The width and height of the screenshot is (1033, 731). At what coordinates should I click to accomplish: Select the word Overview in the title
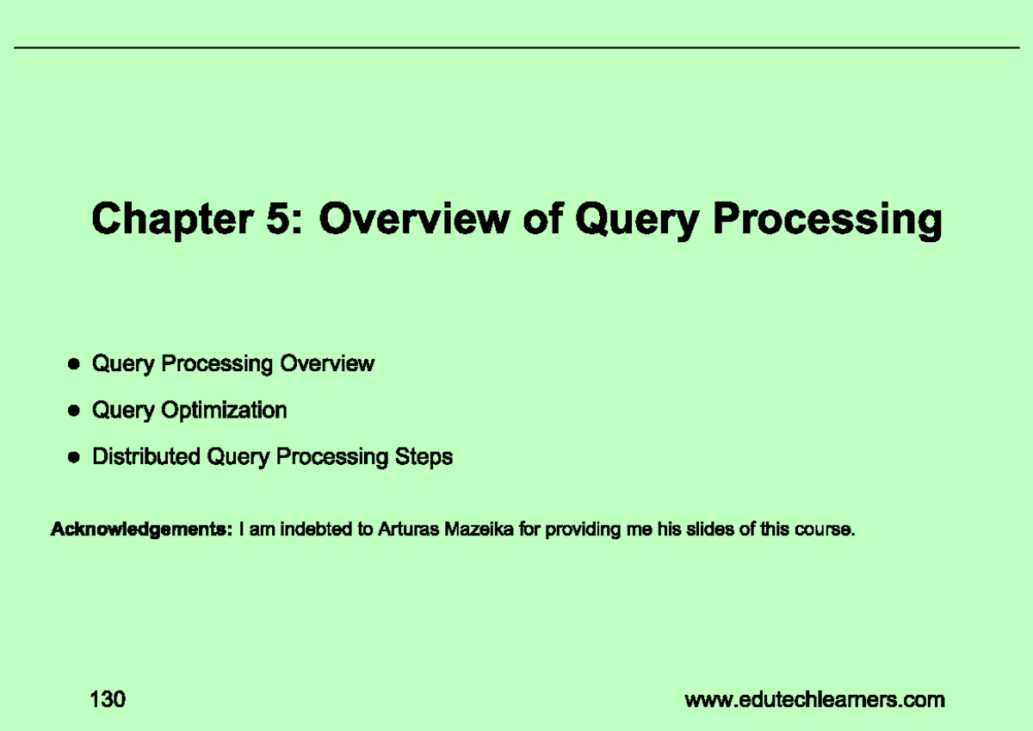pyautogui.click(x=412, y=220)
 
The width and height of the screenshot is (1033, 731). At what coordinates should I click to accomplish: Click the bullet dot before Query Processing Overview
pyautogui.click(x=75, y=365)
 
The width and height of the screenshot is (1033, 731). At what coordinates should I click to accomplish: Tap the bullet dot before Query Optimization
pyautogui.click(x=75, y=412)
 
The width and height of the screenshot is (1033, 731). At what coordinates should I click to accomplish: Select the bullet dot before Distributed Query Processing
pyautogui.click(x=75, y=458)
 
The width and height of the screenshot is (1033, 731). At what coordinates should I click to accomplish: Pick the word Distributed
pyautogui.click(x=146, y=456)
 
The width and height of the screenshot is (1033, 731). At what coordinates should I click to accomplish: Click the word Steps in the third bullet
pyautogui.click(x=424, y=456)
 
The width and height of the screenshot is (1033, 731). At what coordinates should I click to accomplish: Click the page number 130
pyautogui.click(x=108, y=699)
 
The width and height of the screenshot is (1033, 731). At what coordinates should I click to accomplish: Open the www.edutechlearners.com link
pyautogui.click(x=814, y=700)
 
